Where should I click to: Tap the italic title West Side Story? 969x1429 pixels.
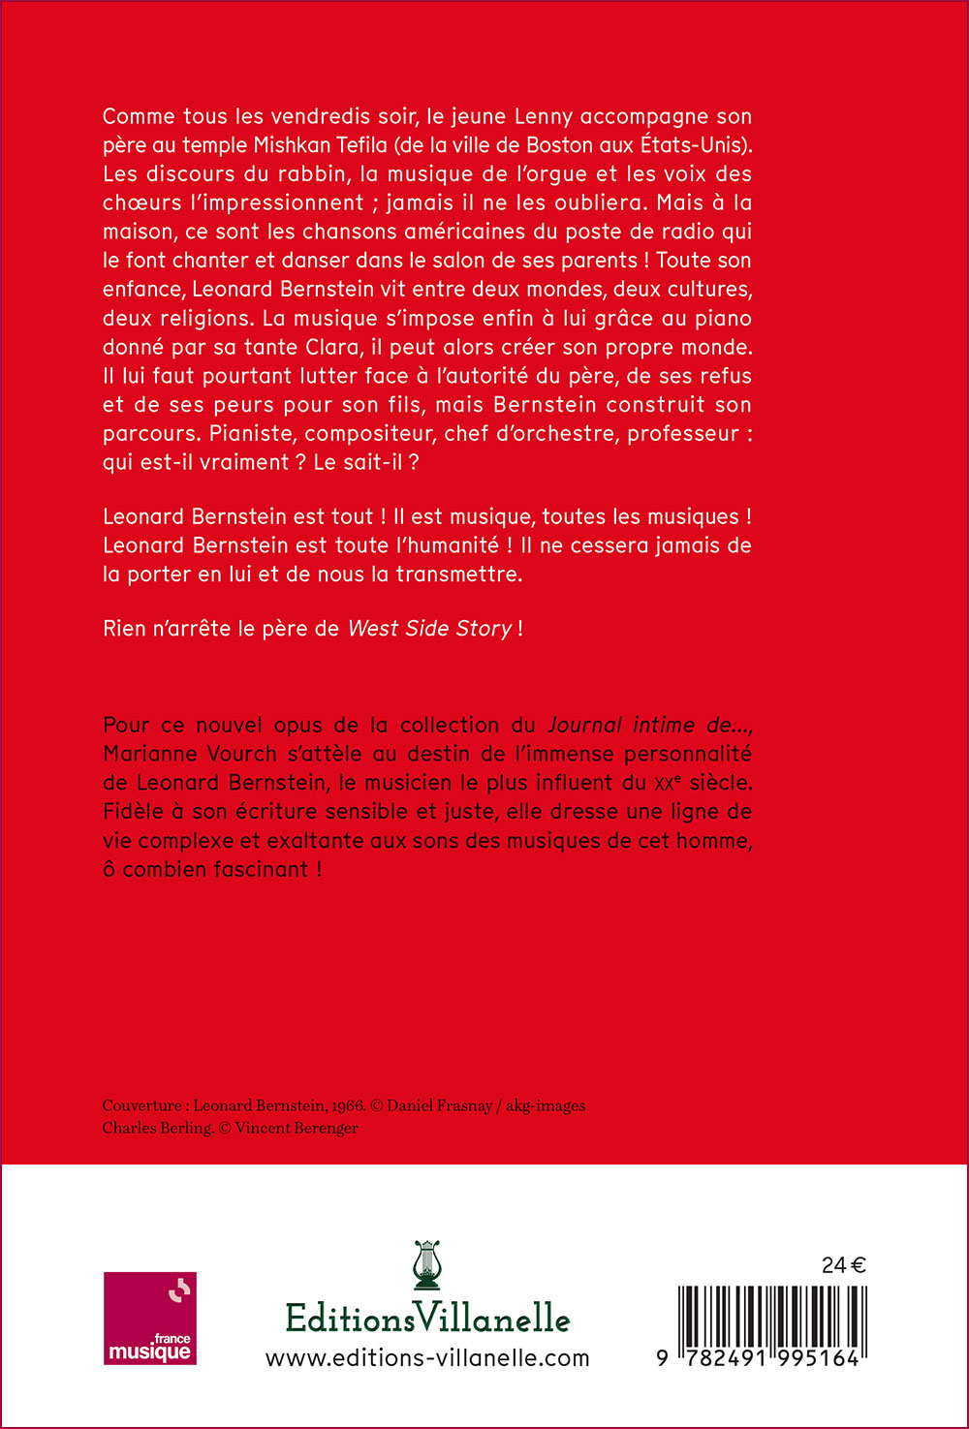point(429,628)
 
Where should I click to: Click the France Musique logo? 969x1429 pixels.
point(150,1318)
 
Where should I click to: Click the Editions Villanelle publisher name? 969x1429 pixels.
point(427,1319)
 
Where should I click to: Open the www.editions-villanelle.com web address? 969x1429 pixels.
point(427,1358)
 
